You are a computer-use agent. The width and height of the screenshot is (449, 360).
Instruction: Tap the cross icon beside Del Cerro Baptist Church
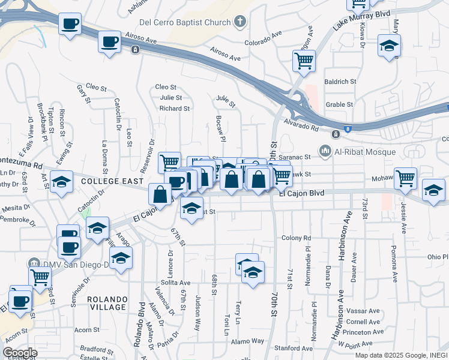click(x=240, y=23)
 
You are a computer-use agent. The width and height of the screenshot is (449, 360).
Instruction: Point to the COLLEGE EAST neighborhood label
click(x=112, y=181)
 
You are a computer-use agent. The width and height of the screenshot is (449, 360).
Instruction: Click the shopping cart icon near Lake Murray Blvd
click(x=304, y=60)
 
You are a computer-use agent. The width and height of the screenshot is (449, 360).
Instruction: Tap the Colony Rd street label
click(x=297, y=238)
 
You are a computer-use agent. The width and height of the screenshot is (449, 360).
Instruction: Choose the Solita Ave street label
click(x=175, y=283)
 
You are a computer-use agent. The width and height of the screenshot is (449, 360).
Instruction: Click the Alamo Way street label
click(x=249, y=341)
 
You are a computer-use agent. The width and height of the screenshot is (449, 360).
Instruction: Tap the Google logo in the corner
click(x=20, y=352)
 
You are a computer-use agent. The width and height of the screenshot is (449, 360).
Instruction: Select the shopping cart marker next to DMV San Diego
click(x=40, y=277)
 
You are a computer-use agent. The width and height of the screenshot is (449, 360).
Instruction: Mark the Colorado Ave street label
click(x=263, y=39)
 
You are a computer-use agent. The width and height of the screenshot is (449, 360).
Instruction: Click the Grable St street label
click(x=339, y=104)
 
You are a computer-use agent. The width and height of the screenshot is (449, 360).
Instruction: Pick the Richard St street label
click(x=174, y=109)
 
